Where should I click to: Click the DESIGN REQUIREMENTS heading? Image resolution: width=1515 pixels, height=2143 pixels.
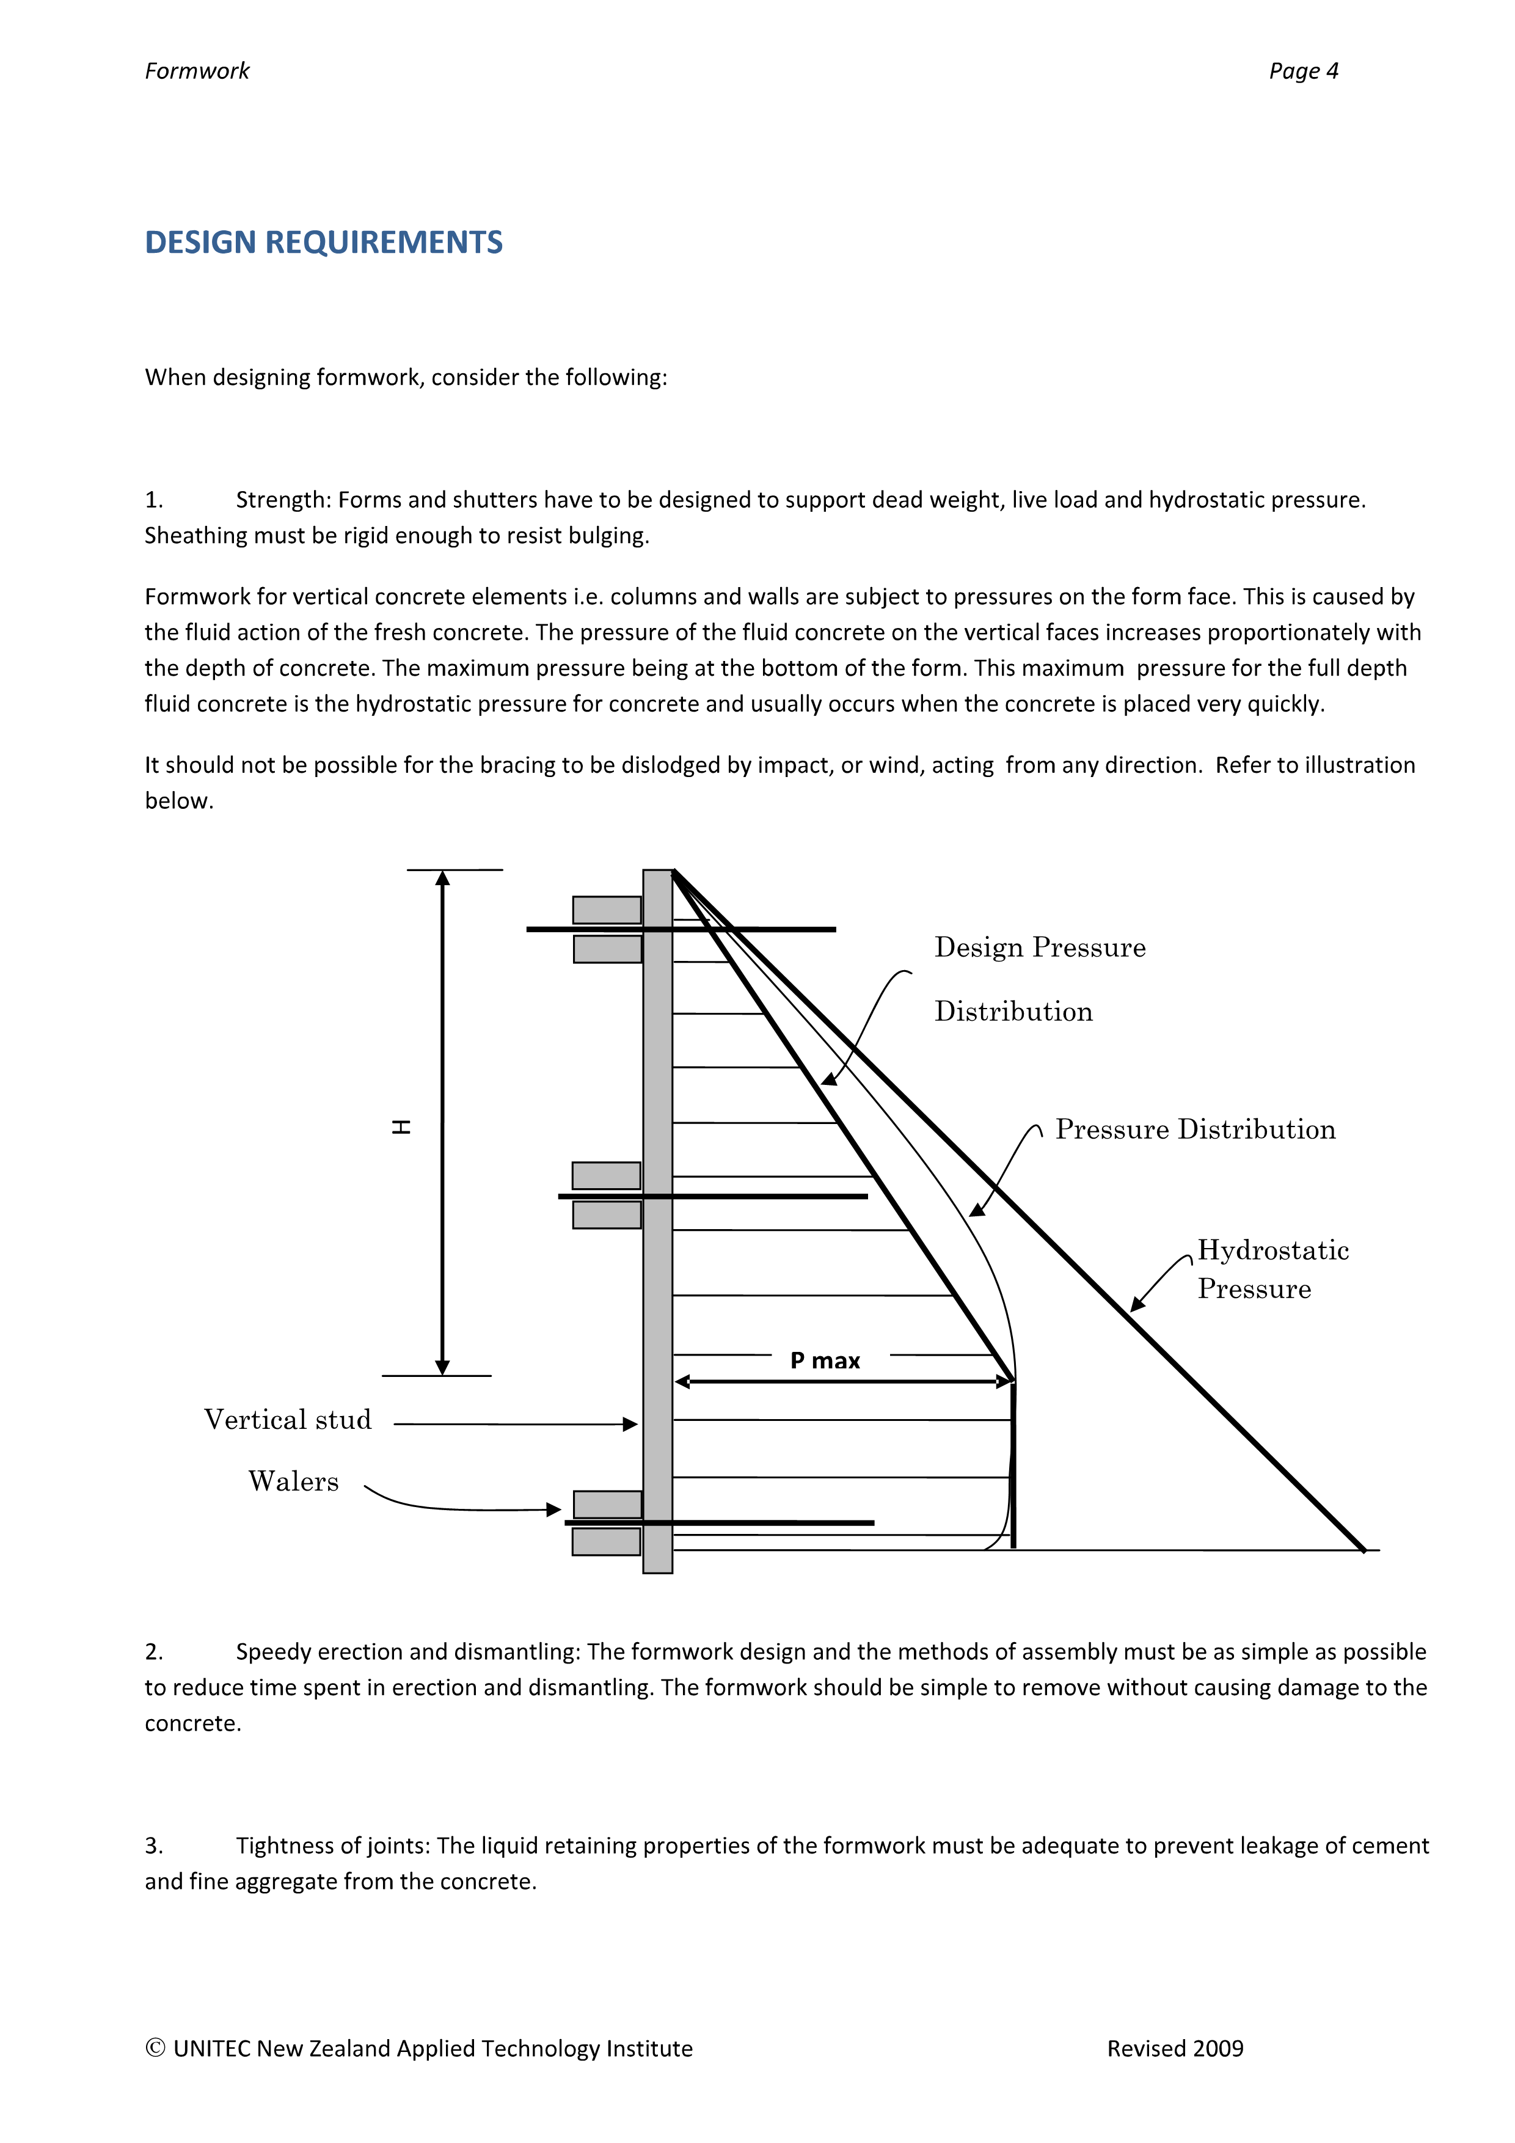pos(323,243)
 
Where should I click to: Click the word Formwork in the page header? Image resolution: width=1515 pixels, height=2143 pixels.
pos(197,71)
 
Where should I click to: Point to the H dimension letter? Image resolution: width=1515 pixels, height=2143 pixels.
pos(401,1126)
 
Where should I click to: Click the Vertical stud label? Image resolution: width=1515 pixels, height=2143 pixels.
pos(288,1420)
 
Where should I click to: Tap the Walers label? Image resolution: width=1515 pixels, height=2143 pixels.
pos(293,1481)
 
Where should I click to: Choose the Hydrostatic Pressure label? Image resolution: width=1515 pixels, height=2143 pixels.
pos(1272,1269)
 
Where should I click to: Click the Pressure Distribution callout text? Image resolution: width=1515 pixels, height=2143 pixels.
pos(1195,1130)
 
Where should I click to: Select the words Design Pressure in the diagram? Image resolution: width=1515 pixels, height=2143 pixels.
pos(1040,947)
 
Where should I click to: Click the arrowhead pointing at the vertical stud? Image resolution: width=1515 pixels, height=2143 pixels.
pos(631,1425)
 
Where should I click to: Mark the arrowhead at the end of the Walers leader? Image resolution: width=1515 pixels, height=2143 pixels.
pos(555,1510)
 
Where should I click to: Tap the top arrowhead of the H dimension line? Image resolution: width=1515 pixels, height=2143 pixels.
pos(442,878)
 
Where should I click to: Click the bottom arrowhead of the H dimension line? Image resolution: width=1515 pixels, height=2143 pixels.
pos(442,1367)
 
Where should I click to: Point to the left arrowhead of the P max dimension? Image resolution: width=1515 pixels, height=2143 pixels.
pos(682,1381)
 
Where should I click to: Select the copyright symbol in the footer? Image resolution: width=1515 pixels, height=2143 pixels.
pos(155,2048)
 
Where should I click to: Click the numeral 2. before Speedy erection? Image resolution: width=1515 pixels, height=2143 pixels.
pos(154,1651)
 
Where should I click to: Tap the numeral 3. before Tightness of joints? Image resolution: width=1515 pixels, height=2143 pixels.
pos(154,1845)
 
